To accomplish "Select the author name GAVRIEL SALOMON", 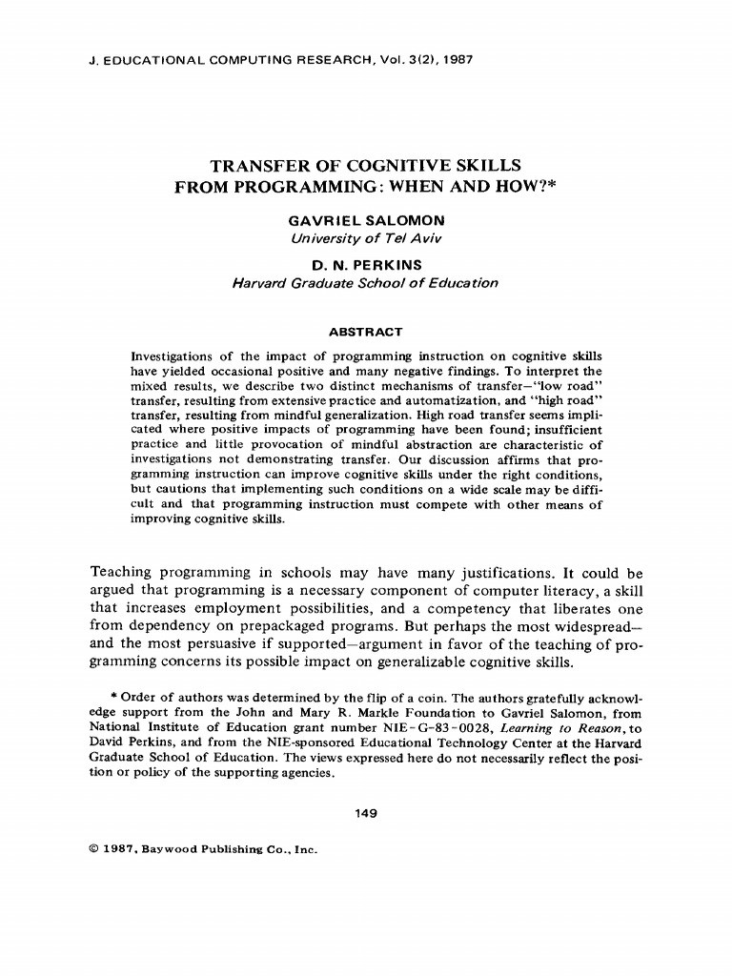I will (x=365, y=221).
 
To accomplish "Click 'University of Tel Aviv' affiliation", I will (x=365, y=237).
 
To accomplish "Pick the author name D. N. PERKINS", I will (x=365, y=265).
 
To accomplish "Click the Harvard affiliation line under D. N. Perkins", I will (x=365, y=282).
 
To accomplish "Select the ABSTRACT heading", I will (x=365, y=332).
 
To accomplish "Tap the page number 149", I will (x=365, y=813).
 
